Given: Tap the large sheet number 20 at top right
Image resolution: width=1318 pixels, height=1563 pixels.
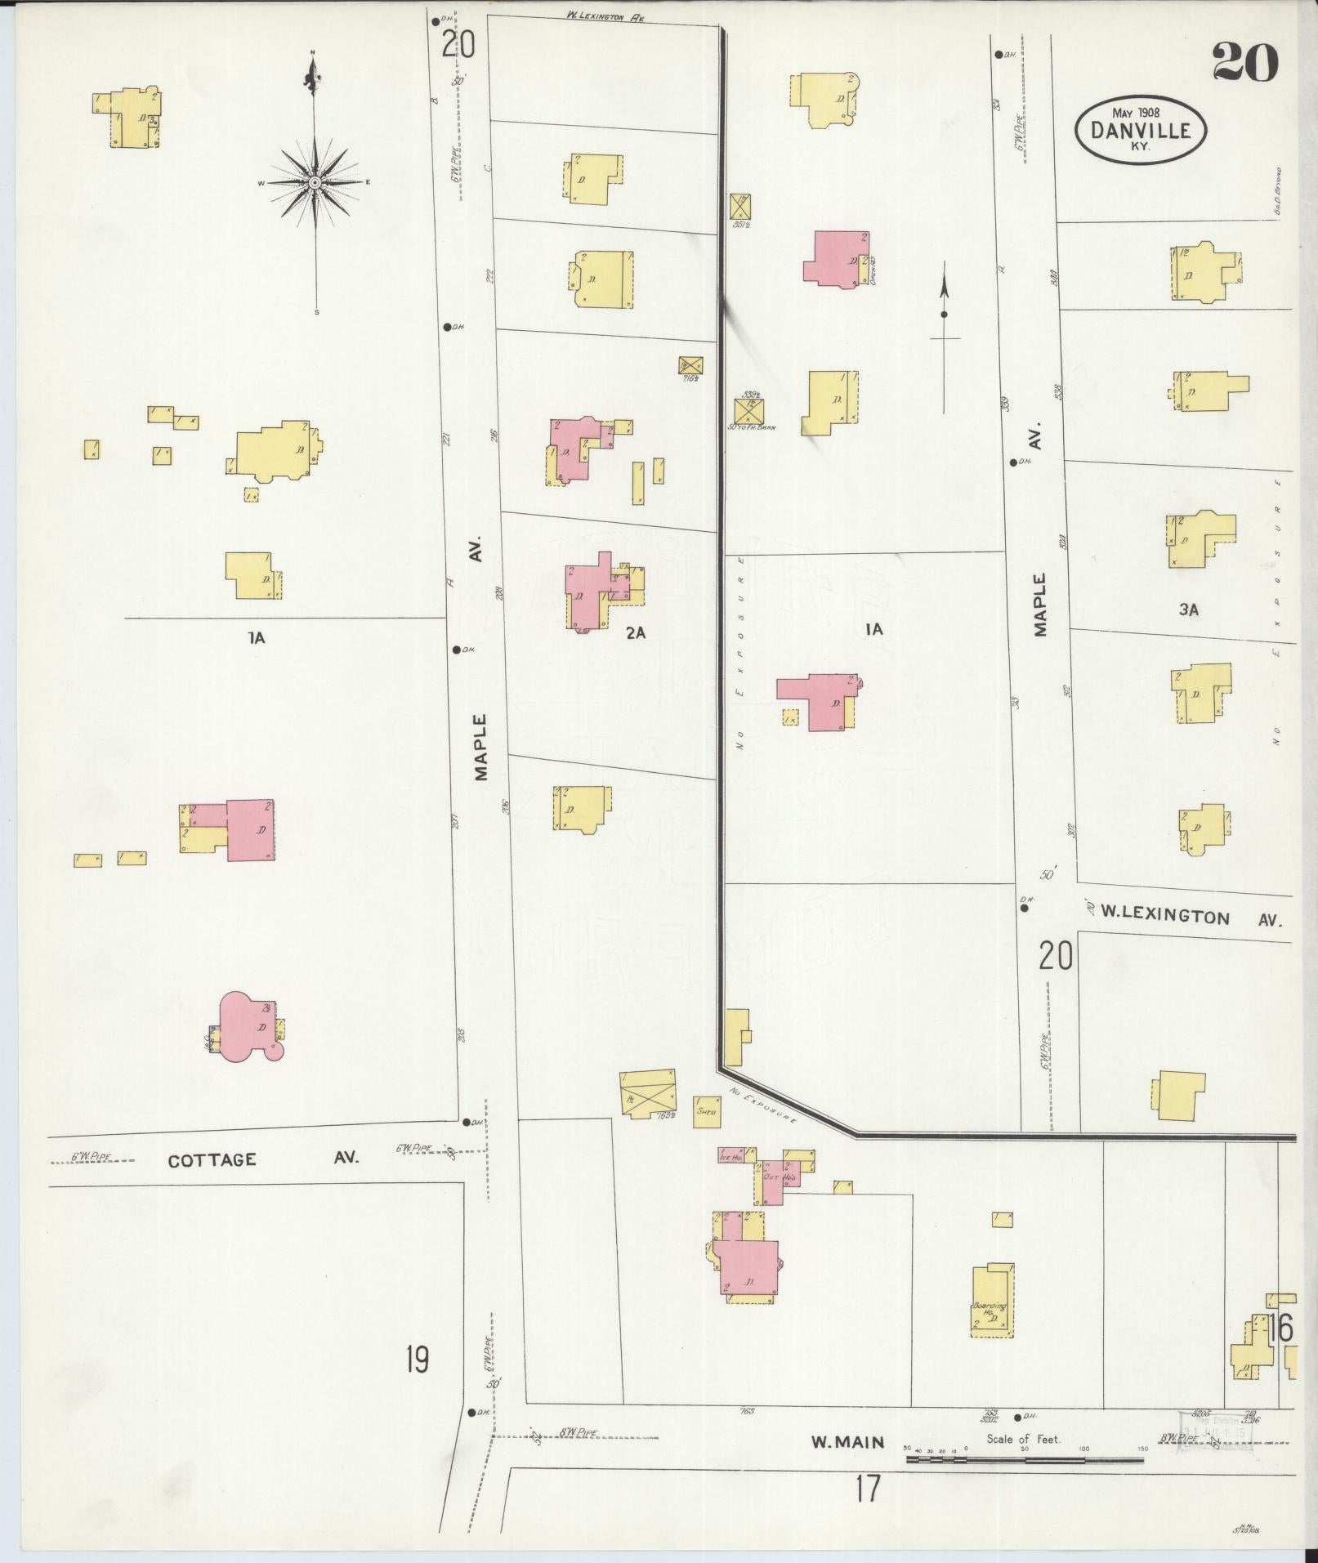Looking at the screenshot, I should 1244,62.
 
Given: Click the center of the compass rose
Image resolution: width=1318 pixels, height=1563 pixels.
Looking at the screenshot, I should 314,182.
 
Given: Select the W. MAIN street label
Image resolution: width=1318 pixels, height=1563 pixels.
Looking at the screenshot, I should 847,1443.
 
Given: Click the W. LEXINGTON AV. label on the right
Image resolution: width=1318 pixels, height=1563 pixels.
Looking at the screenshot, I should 1189,916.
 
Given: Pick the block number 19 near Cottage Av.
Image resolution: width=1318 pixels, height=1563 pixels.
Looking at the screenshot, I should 417,1360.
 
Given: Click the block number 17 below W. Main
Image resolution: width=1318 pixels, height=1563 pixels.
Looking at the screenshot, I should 867,1489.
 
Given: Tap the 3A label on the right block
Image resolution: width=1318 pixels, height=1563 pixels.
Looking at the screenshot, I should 1188,610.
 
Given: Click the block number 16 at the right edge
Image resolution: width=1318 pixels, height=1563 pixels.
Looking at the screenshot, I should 1280,1330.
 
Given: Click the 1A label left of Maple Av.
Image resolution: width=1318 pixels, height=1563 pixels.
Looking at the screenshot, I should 257,638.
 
